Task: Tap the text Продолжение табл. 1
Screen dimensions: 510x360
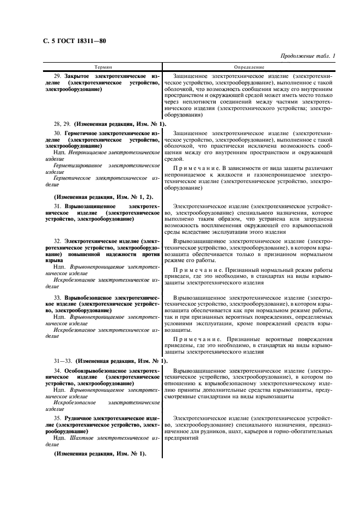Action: click(x=307, y=56)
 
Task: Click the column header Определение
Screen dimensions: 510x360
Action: click(x=249, y=66)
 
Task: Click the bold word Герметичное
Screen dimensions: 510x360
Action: click(x=83, y=133)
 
